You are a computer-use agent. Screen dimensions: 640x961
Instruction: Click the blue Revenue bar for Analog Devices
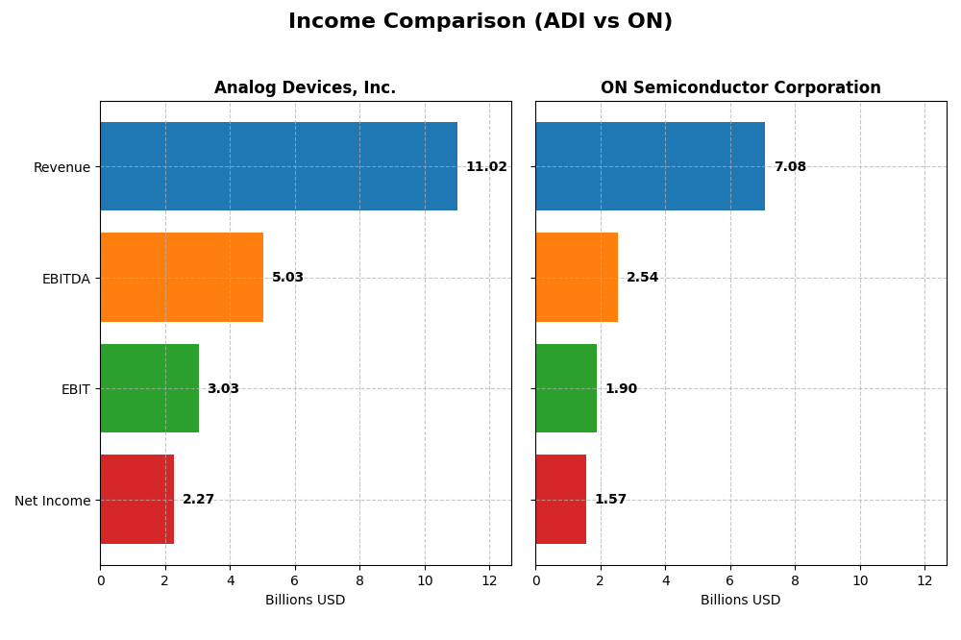pyautogui.click(x=279, y=166)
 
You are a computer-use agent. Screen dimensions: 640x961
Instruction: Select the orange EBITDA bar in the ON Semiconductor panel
pyautogui.click(x=577, y=278)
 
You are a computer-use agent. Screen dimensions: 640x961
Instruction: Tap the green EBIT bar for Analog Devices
pyautogui.click(x=149, y=388)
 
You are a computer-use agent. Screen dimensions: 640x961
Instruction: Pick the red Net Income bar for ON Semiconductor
pyautogui.click(x=560, y=500)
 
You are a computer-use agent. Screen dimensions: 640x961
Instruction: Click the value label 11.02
pyautogui.click(x=486, y=167)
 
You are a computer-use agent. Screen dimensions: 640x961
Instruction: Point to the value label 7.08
pyautogui.click(x=790, y=167)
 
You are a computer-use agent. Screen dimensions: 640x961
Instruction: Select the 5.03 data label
pyautogui.click(x=287, y=278)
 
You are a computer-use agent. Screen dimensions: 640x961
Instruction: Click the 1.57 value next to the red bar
pyautogui.click(x=610, y=500)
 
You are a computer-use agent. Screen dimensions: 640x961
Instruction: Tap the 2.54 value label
pyautogui.click(x=642, y=278)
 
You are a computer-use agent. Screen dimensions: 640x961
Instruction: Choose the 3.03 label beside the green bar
pyautogui.click(x=223, y=389)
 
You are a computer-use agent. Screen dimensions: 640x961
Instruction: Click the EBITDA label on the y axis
pyautogui.click(x=65, y=279)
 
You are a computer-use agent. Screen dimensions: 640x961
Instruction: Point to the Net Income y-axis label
pyautogui.click(x=52, y=501)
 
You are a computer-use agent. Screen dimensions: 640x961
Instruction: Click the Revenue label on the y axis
pyautogui.click(x=62, y=167)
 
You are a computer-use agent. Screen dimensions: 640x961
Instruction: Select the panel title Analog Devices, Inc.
pyautogui.click(x=305, y=88)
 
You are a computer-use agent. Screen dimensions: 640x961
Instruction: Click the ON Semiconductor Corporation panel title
pyautogui.click(x=740, y=88)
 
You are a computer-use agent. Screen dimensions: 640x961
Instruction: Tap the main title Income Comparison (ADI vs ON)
pyautogui.click(x=480, y=22)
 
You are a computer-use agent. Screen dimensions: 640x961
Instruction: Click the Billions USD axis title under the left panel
pyautogui.click(x=305, y=601)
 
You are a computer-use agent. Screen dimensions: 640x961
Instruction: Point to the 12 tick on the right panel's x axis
pyautogui.click(x=924, y=580)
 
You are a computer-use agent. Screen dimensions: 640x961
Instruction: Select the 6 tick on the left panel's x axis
pyautogui.click(x=295, y=580)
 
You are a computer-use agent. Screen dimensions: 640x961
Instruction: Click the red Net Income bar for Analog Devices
pyautogui.click(x=136, y=500)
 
